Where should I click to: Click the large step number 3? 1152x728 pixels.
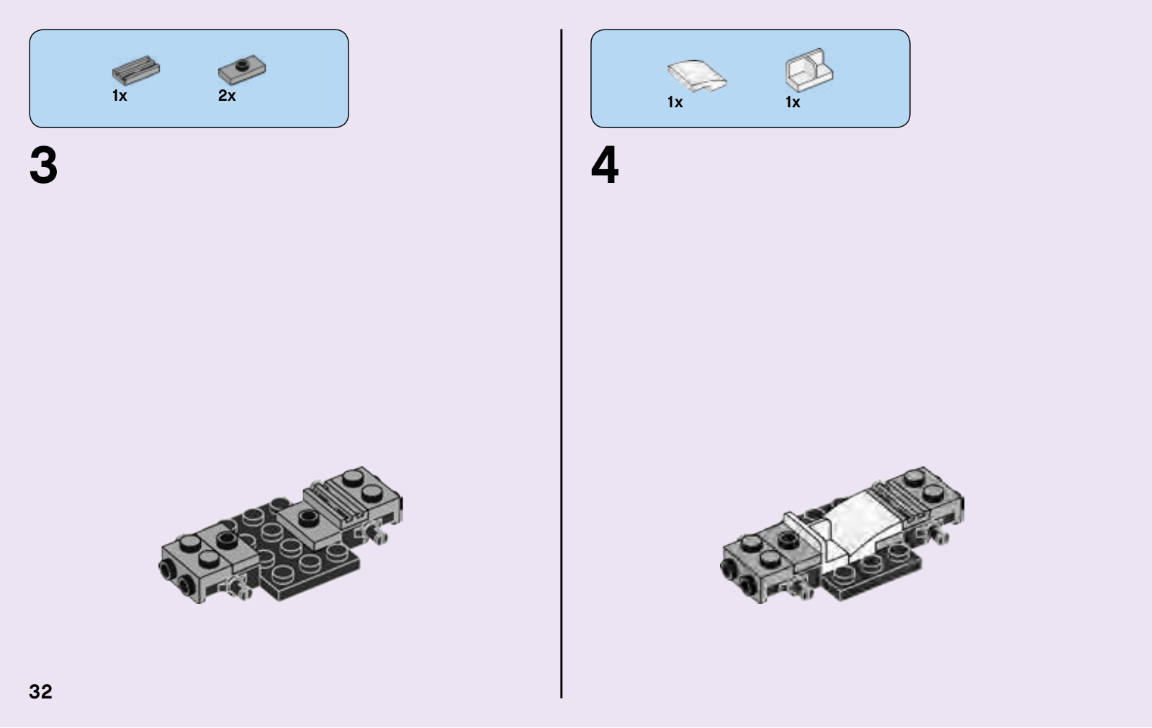pyautogui.click(x=44, y=165)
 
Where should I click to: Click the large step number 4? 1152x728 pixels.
pyautogui.click(x=605, y=165)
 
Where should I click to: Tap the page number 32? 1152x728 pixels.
pyautogui.click(x=40, y=691)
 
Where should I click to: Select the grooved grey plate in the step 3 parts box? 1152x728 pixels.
pyautogui.click(x=136, y=70)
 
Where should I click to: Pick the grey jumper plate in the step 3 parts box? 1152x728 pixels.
pyautogui.click(x=242, y=69)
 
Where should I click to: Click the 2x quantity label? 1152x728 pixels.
pyautogui.click(x=227, y=96)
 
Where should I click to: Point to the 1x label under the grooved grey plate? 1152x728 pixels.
pyautogui.click(x=120, y=96)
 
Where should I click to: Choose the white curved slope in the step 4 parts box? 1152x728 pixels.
pyautogui.click(x=697, y=76)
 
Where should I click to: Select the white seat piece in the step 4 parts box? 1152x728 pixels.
pyautogui.click(x=809, y=70)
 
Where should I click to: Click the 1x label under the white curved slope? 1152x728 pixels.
pyautogui.click(x=675, y=102)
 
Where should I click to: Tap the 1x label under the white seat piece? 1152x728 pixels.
pyautogui.click(x=793, y=102)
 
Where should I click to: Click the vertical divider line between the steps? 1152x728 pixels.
pyautogui.click(x=561, y=363)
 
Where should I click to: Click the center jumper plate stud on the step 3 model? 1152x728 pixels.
pyautogui.click(x=307, y=517)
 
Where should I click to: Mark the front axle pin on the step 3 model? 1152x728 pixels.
pyautogui.click(x=238, y=587)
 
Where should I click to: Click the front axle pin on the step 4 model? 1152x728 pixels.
pyautogui.click(x=800, y=587)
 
